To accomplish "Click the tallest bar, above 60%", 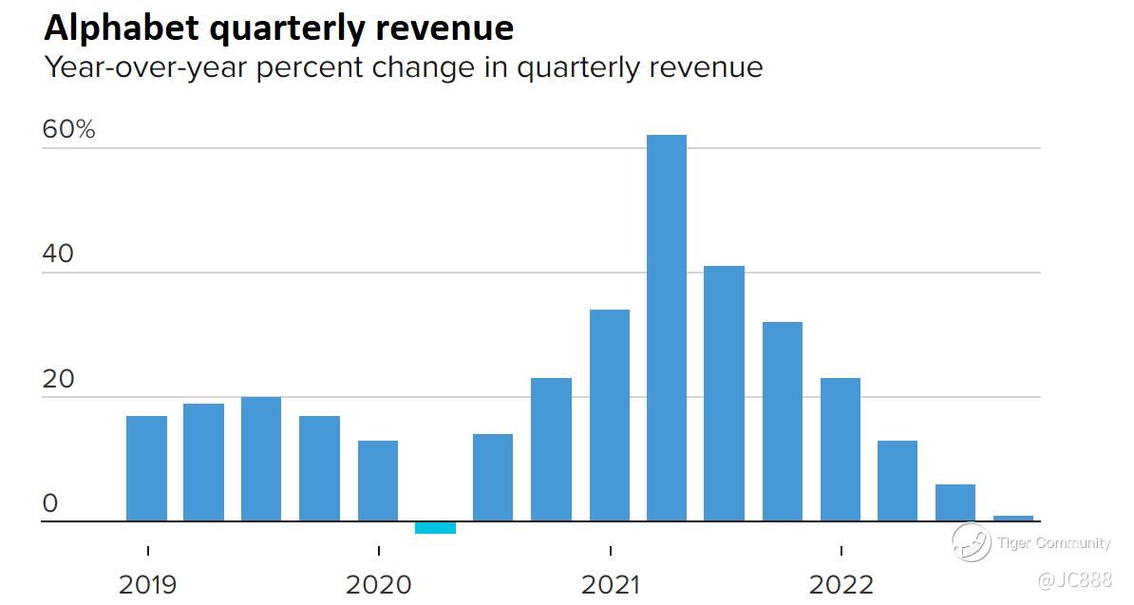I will (x=666, y=328).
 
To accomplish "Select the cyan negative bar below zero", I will (x=435, y=528).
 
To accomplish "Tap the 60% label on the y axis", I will (x=68, y=130).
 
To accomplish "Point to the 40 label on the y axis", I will (x=58, y=255).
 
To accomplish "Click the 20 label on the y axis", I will (x=58, y=379).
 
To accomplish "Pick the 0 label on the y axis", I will (x=50, y=503).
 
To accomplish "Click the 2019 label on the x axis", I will (x=147, y=584).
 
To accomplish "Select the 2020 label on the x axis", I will (x=378, y=584).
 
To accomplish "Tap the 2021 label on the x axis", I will (x=610, y=584).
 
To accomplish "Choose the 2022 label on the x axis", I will (x=841, y=584).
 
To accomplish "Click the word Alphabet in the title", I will (x=121, y=28).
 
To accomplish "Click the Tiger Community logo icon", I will (x=972, y=542).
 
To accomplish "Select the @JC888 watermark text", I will (x=1072, y=579).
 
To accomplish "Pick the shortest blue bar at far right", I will (x=1012, y=519).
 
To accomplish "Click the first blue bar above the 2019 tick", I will (x=146, y=468).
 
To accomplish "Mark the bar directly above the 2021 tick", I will (x=609, y=415).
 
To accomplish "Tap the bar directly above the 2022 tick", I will (x=841, y=449).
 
